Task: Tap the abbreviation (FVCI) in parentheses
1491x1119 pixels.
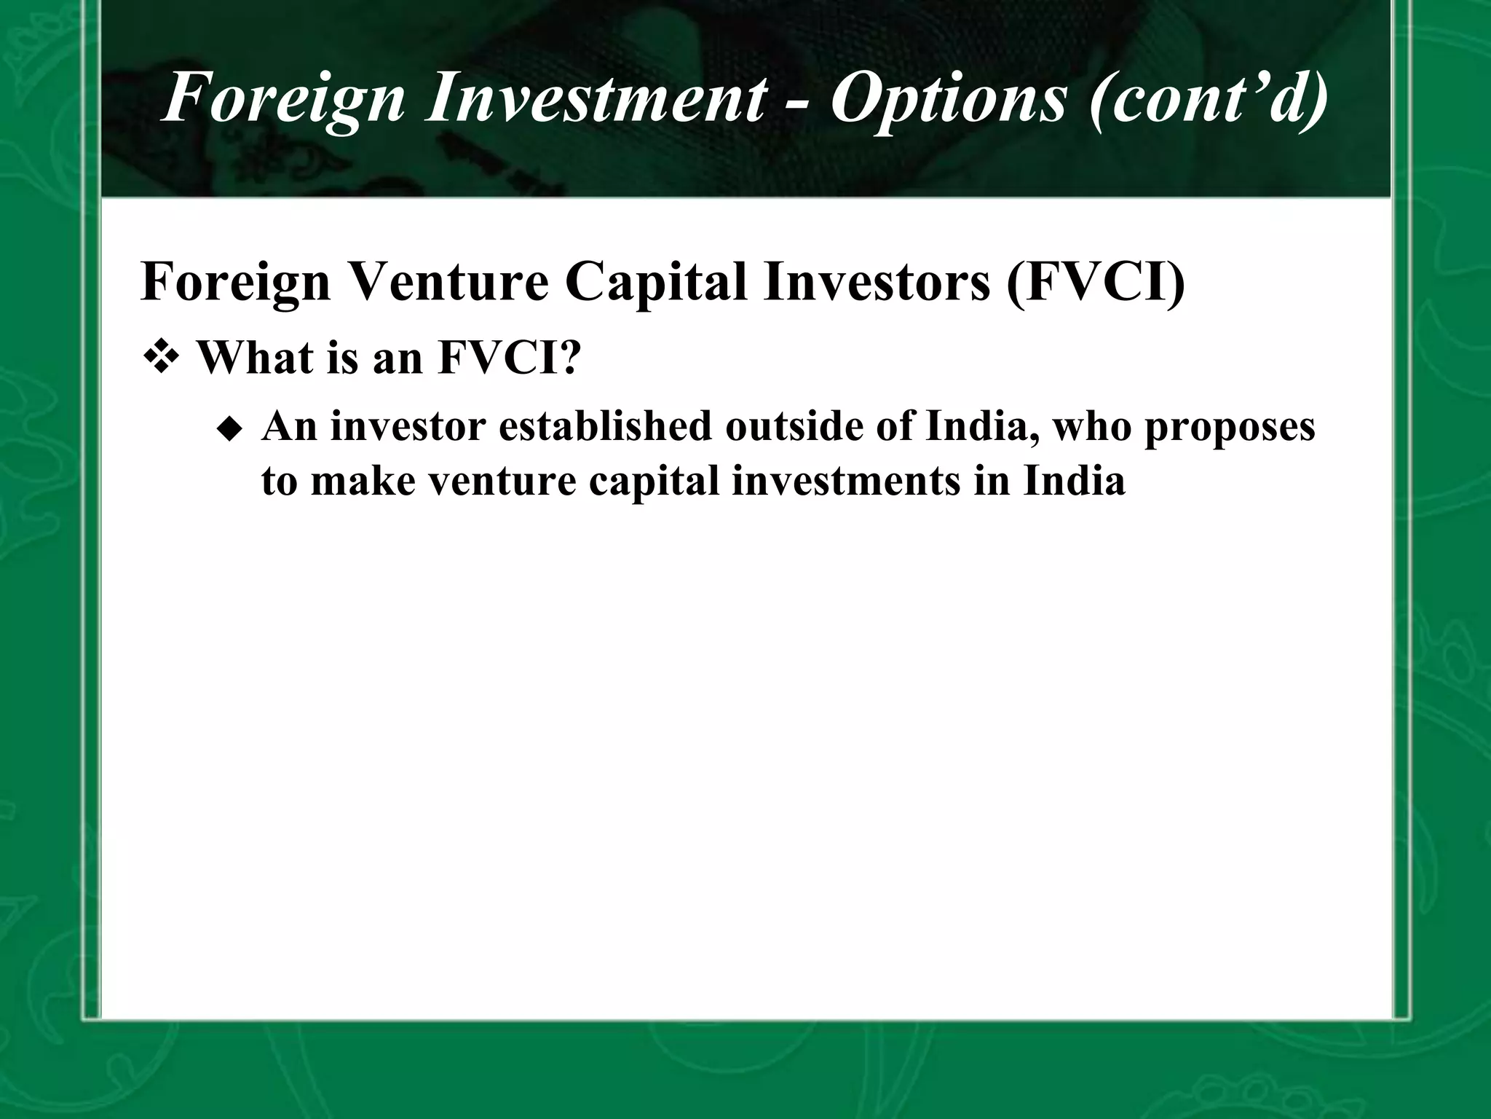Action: point(1096,282)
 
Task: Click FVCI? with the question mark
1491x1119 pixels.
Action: point(510,358)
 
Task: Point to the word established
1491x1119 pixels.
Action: point(605,427)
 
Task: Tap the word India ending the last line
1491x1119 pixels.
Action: point(1074,482)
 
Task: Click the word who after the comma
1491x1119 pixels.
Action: point(1092,427)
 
